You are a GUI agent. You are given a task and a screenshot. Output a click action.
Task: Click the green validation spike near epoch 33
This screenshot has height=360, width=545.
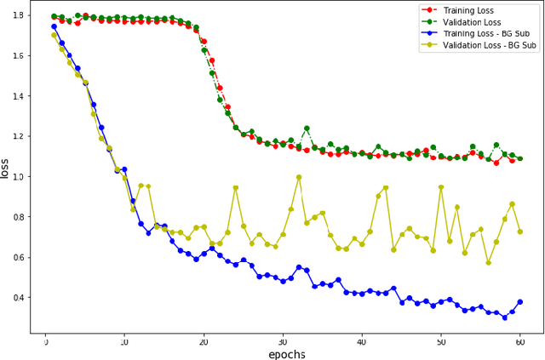(x=307, y=129)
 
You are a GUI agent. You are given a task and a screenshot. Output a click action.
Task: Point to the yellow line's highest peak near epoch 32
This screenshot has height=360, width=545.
(x=299, y=177)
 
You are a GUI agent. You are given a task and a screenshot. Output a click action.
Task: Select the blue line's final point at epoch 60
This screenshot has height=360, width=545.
(x=520, y=301)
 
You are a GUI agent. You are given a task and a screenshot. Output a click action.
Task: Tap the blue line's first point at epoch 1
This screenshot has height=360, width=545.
(x=54, y=26)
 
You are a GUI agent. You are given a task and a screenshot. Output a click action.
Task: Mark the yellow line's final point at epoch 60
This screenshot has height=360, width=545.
(x=520, y=231)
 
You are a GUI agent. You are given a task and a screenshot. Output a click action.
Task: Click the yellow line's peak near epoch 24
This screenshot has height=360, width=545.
(x=236, y=187)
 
